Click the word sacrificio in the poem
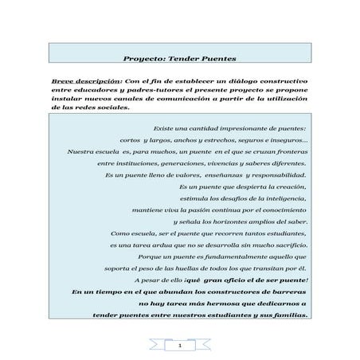pos(285,245)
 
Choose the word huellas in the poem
pos(180,269)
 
